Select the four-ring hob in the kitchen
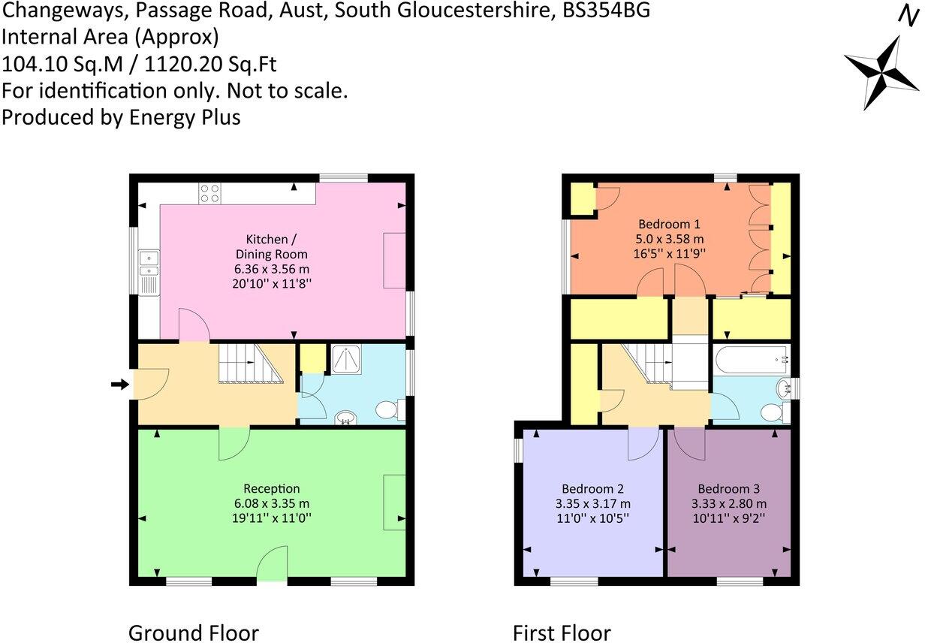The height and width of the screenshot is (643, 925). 209,193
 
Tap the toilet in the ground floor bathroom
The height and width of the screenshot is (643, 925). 388,410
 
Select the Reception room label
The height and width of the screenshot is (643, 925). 271,488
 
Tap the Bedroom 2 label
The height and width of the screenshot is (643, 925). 589,488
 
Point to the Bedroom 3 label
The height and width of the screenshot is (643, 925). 728,488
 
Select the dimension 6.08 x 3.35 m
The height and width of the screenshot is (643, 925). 271,503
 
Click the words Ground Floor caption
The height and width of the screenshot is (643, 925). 193,632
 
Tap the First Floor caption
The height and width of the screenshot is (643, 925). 562,632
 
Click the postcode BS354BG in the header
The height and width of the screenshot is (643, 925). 607,11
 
